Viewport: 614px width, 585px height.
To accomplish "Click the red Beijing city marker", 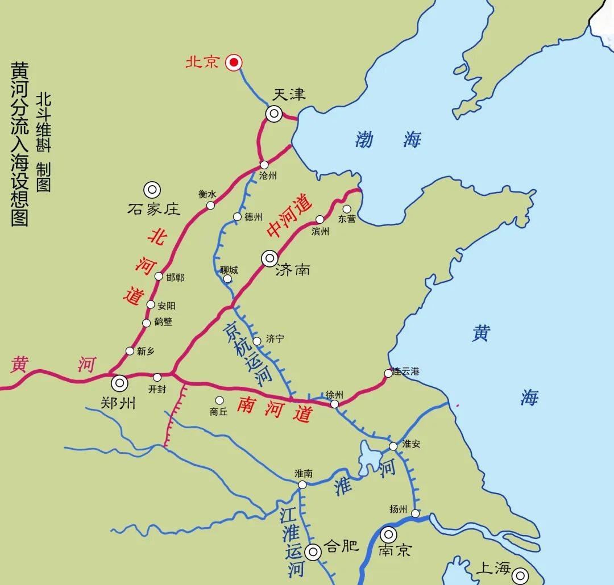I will pos(233,63).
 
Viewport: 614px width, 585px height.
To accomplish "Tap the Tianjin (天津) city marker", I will pos(273,114).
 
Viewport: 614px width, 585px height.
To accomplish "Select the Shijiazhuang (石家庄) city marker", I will pos(152,189).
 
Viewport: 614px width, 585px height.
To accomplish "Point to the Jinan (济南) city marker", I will pos(269,259).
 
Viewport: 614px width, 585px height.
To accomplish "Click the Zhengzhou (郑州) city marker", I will pos(119,383).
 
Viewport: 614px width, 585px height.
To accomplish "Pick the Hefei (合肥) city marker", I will pos(313,551).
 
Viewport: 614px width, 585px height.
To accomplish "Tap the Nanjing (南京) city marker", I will pos(389,534).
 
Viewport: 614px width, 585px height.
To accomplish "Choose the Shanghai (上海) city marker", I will pos(520,576).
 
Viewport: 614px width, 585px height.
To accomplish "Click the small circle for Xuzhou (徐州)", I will pos(334,404).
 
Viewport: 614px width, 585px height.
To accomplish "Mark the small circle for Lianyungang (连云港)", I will pos(388,373).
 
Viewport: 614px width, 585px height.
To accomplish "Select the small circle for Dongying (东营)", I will pos(347,208).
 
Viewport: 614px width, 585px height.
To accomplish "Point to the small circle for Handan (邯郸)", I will pos(159,276).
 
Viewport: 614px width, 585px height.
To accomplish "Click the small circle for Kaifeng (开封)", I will pos(157,377).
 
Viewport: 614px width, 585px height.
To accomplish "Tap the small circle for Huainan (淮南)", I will pos(302,484).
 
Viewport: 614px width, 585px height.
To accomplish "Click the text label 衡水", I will pos(208,194).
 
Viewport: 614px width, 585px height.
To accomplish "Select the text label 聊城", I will pos(229,270).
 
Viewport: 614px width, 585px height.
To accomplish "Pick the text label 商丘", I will pos(219,412).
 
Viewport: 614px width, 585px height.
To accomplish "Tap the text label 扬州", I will pos(399,509).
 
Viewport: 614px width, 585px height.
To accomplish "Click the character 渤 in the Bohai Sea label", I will pos(364,139).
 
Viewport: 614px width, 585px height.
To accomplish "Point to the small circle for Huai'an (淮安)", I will pos(393,446).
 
